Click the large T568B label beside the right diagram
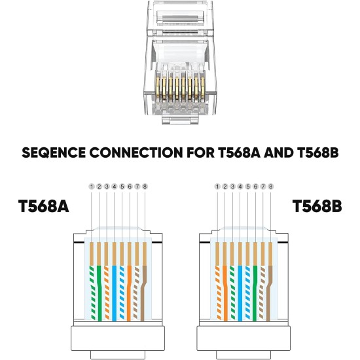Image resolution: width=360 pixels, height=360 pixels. point(317,207)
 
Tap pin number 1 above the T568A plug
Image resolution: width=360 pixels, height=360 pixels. point(92,187)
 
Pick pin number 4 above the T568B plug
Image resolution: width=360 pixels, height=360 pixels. point(240,187)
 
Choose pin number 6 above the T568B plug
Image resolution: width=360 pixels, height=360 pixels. point(255,187)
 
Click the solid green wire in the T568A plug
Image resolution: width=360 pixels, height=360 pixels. point(99,288)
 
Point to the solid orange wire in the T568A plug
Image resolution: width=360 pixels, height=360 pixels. point(129,288)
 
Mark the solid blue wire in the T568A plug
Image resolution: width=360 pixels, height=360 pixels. point(115,288)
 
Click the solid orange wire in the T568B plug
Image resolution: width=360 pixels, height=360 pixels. point(225,288)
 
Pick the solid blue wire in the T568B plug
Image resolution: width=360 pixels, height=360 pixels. point(240,288)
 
